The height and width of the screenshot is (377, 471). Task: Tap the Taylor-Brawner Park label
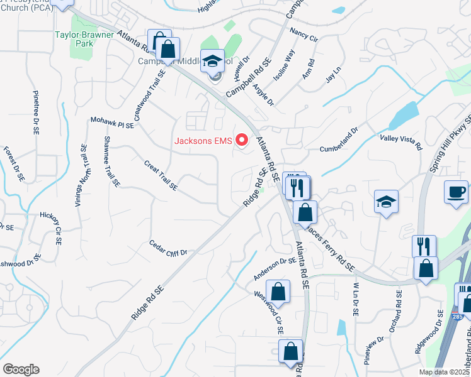click(82, 39)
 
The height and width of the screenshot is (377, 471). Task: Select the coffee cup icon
click(456, 190)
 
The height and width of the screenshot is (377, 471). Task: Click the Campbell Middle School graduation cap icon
click(214, 61)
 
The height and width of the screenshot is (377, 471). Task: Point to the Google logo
click(20, 369)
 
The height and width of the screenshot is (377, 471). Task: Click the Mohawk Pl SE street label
click(112, 122)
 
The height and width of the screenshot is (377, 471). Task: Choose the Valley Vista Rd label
click(400, 141)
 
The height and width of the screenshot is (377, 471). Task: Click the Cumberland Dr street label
click(338, 140)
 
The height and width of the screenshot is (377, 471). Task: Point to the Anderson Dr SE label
click(275, 269)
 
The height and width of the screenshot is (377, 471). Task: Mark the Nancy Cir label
click(304, 34)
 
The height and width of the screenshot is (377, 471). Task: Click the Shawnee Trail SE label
click(111, 161)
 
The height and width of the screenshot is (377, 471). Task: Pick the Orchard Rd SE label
click(395, 311)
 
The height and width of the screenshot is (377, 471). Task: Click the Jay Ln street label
click(332, 79)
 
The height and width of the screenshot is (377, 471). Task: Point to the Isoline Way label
click(283, 65)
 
